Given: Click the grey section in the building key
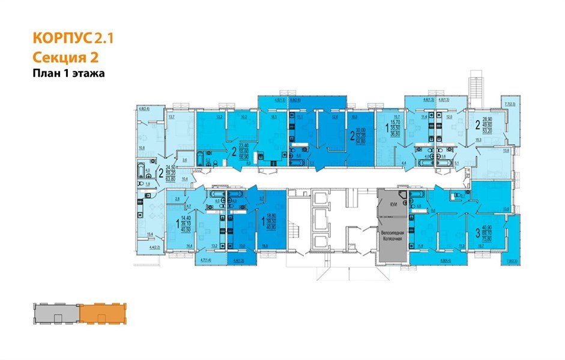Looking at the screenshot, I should [55, 313].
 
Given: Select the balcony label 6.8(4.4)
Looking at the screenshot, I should [445, 260].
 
